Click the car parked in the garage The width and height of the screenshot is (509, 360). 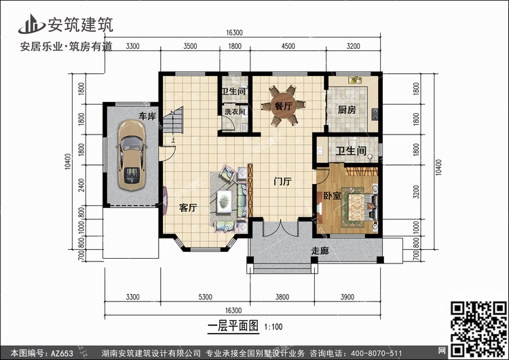click(x=132, y=156)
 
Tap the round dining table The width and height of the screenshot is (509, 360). click(x=284, y=105)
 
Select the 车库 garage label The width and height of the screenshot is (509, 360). click(x=147, y=116)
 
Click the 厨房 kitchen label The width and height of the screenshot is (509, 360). click(x=347, y=110)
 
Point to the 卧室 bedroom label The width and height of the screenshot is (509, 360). click(x=332, y=196)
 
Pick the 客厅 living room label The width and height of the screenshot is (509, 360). click(x=188, y=208)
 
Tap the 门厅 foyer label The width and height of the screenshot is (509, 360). click(x=282, y=181)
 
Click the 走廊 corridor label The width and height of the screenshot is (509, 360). click(x=320, y=251)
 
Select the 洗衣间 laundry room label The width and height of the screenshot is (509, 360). click(x=235, y=111)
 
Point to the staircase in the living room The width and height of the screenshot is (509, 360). click(x=173, y=120)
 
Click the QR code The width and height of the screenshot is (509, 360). click(x=478, y=329)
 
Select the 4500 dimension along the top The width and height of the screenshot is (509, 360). click(x=288, y=46)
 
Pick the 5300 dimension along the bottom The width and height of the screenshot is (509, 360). click(x=205, y=297)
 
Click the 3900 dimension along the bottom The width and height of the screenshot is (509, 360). click(x=347, y=297)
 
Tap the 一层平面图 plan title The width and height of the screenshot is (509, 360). click(x=233, y=326)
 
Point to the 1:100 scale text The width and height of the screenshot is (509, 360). click(x=274, y=327)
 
